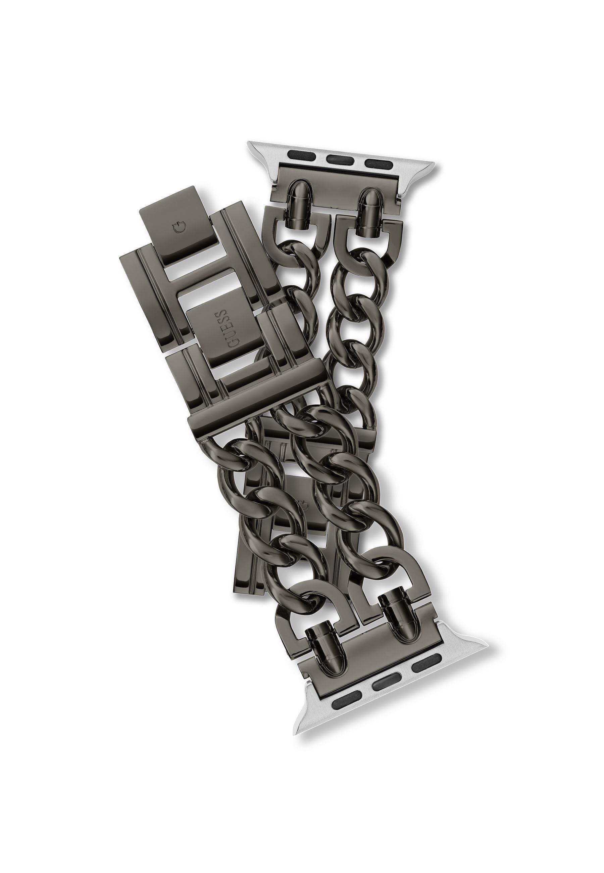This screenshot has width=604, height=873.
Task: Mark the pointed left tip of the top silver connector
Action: coord(250,145)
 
